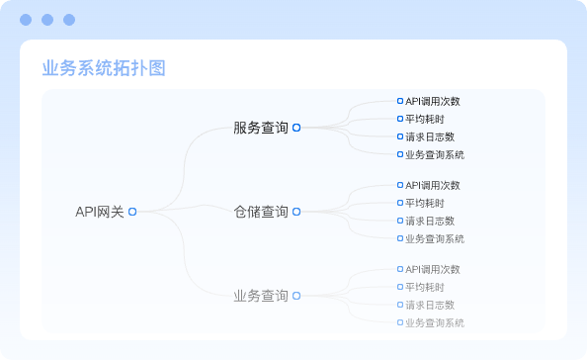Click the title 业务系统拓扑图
click(x=104, y=67)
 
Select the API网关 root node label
click(x=100, y=211)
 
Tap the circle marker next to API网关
click(x=132, y=211)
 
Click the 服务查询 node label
click(x=261, y=128)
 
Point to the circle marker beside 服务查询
click(x=296, y=128)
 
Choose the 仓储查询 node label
click(x=261, y=212)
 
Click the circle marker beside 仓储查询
click(x=296, y=212)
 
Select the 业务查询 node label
click(x=261, y=296)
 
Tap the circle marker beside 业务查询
click(x=296, y=296)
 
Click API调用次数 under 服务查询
click(x=433, y=101)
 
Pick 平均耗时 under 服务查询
click(x=422, y=119)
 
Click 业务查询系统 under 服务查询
click(x=435, y=154)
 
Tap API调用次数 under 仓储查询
click(x=433, y=185)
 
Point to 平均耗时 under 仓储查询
click(x=422, y=203)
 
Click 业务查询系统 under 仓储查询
click(x=435, y=238)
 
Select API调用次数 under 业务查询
click(x=433, y=269)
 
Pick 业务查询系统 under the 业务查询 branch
click(x=435, y=322)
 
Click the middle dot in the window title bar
click(x=46, y=19)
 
